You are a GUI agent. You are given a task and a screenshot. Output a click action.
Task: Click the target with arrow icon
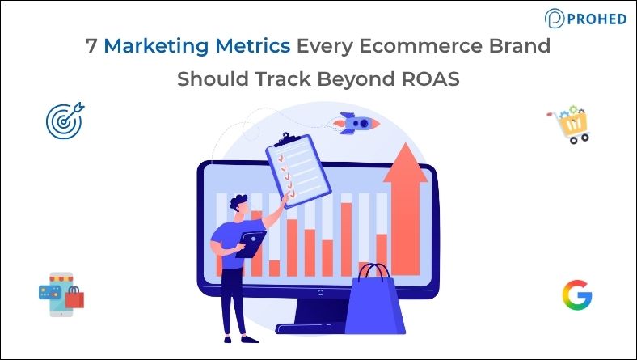[64, 119]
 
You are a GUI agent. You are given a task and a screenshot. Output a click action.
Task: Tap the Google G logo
[576, 295]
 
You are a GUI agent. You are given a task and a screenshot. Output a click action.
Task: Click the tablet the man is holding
[251, 244]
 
